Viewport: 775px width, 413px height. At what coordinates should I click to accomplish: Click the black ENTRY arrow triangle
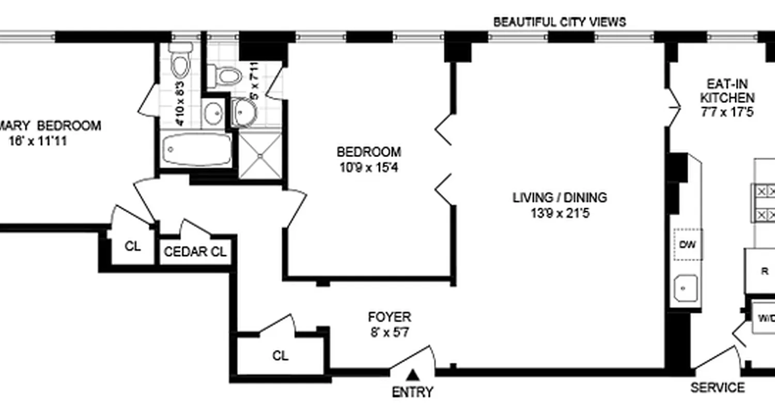click(x=412, y=374)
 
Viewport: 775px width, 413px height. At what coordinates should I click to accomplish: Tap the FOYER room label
click(x=390, y=316)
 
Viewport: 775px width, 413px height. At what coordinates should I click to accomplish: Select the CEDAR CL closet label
click(x=195, y=252)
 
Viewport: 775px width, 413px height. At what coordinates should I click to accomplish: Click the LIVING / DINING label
click(x=560, y=197)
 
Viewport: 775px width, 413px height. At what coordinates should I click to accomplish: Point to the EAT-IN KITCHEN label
click(x=727, y=91)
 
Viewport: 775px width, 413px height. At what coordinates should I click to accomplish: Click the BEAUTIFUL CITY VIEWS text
click(x=560, y=22)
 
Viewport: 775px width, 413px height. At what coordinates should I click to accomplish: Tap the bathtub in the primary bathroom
click(x=196, y=149)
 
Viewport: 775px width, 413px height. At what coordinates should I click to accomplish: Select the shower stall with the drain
click(x=260, y=155)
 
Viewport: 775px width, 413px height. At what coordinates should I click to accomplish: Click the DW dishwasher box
click(x=688, y=244)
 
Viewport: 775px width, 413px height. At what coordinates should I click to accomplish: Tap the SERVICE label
click(x=718, y=388)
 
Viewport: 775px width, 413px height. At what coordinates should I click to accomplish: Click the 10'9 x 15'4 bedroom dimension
click(x=368, y=168)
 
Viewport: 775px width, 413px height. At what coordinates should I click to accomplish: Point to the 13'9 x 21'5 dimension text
click(x=560, y=213)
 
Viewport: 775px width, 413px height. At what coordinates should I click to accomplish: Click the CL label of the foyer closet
click(x=281, y=356)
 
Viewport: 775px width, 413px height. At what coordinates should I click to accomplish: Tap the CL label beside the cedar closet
click(x=133, y=247)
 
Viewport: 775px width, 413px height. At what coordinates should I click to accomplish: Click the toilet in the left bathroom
click(x=181, y=62)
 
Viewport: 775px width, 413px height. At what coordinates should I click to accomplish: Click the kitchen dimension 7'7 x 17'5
click(x=727, y=112)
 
